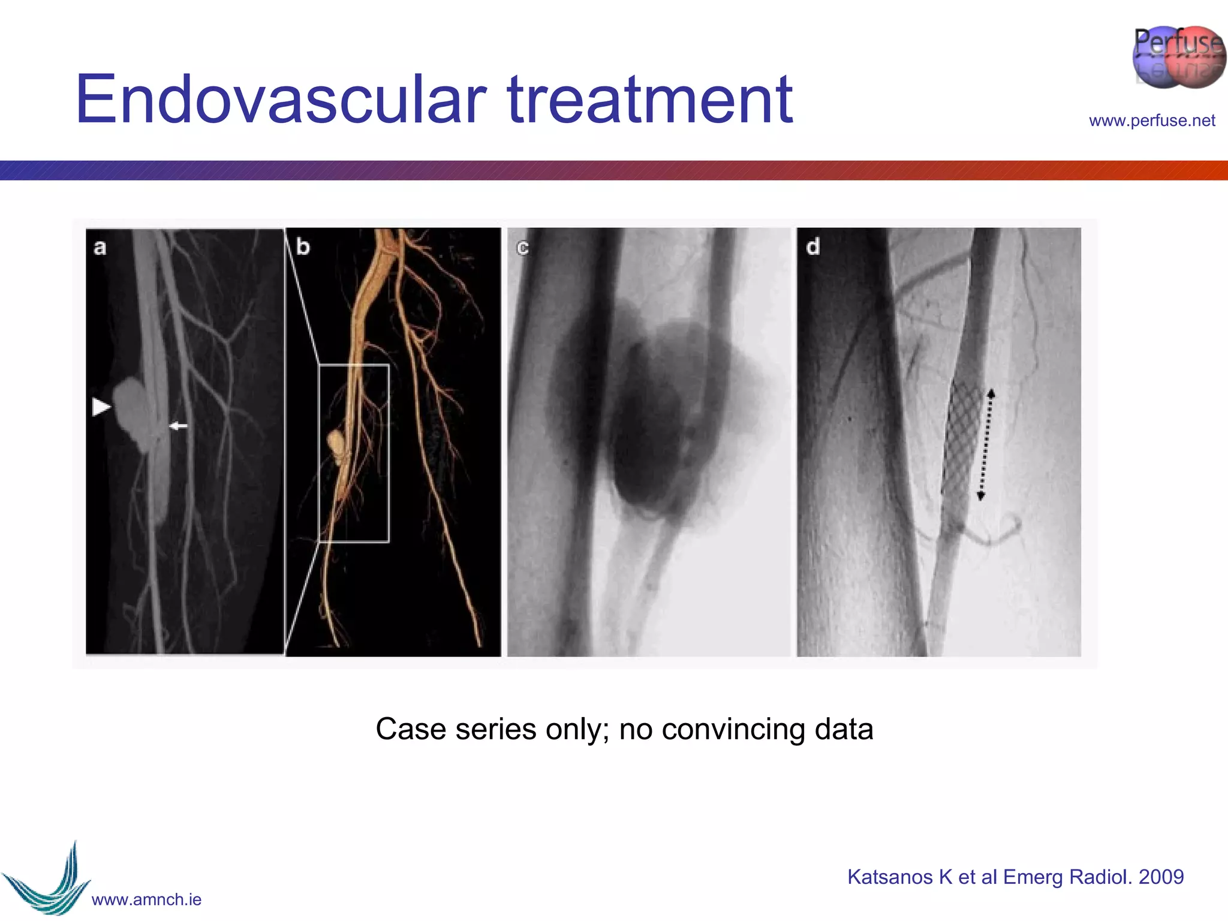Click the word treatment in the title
coord(650,100)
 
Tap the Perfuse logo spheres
coord(1178,58)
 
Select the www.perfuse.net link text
coord(1152,121)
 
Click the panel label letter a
coord(100,247)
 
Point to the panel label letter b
coord(303,246)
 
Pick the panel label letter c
coord(523,248)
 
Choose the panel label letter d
coord(812,246)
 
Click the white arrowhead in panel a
coord(101,407)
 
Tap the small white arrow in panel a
coord(178,426)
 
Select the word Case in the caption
coord(411,729)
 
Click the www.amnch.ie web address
coord(146,899)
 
